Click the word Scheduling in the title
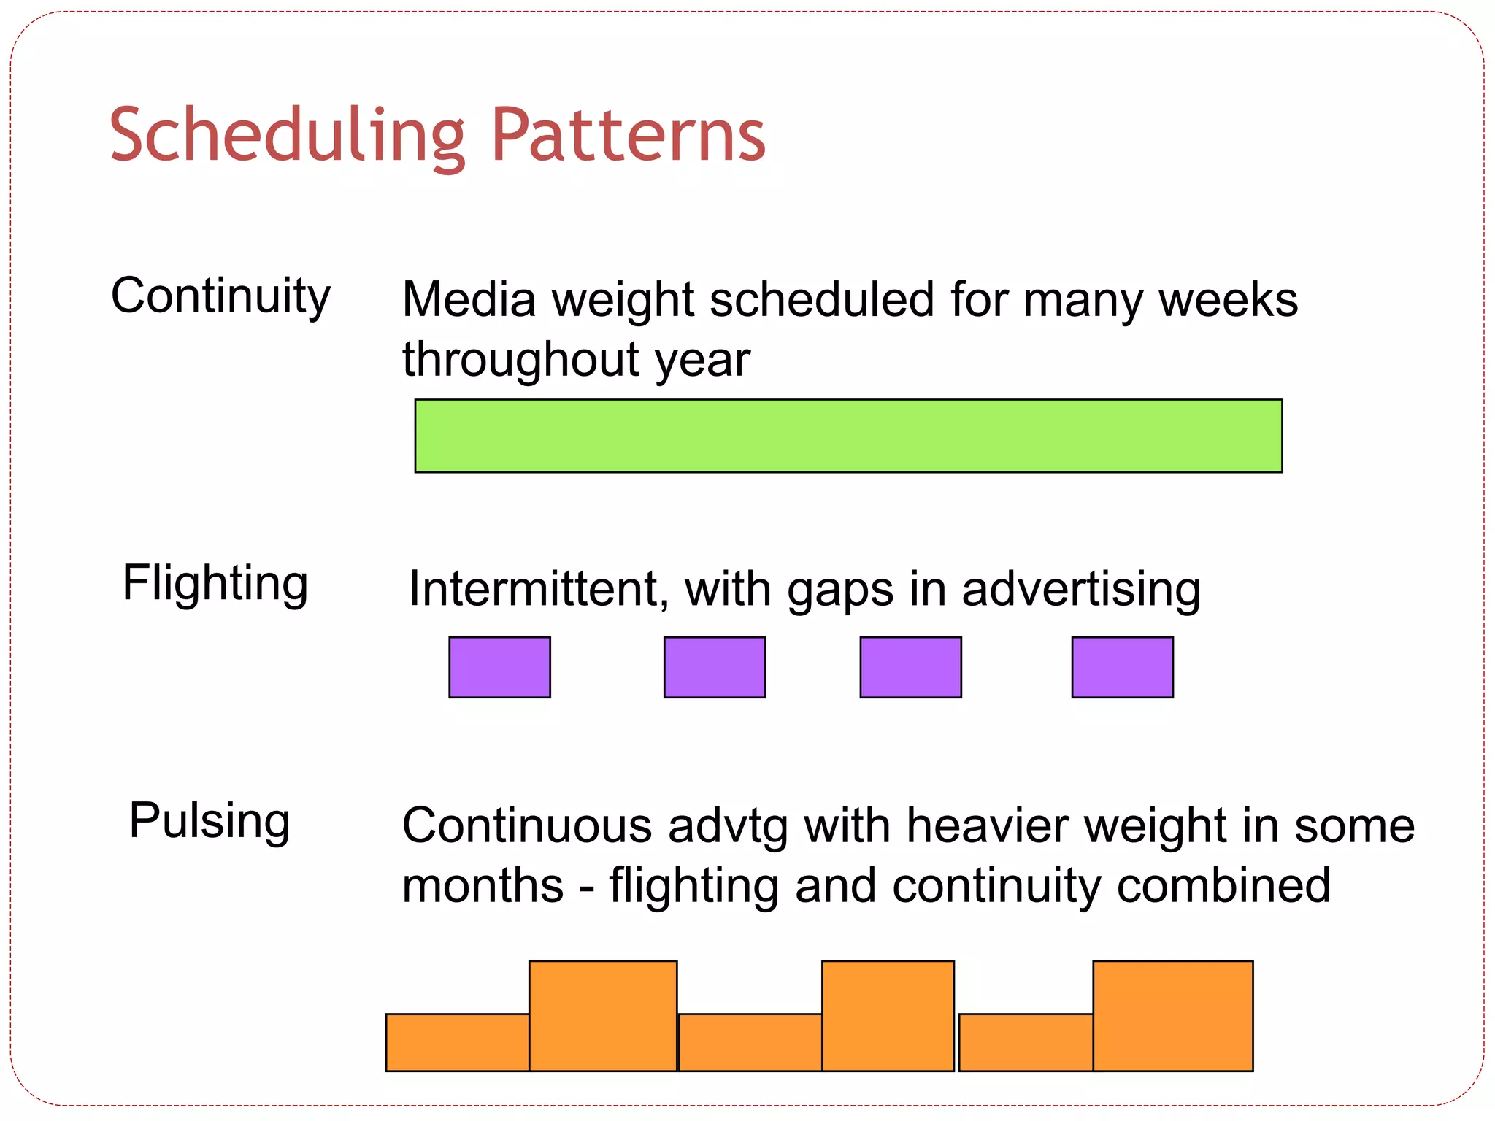click(x=287, y=136)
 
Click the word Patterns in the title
click(x=628, y=136)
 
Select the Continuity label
click(x=220, y=296)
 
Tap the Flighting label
click(x=215, y=584)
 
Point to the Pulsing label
click(x=210, y=821)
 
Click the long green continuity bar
click(x=848, y=436)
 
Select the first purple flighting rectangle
click(x=499, y=667)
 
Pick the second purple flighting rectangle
click(x=715, y=667)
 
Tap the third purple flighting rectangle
click(x=910, y=667)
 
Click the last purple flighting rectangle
click(x=1122, y=667)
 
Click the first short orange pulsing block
click(x=457, y=1042)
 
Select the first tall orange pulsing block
click(x=603, y=1015)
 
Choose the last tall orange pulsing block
click(x=1172, y=1015)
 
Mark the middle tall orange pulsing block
click(x=888, y=1015)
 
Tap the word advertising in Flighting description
click(x=1081, y=590)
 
